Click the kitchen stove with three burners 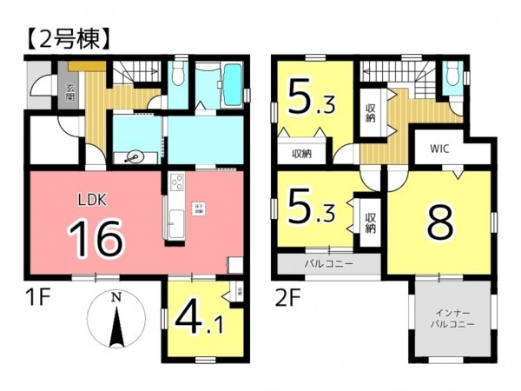point(176,185)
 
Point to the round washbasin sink point(135,157)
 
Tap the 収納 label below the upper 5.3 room point(301,154)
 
